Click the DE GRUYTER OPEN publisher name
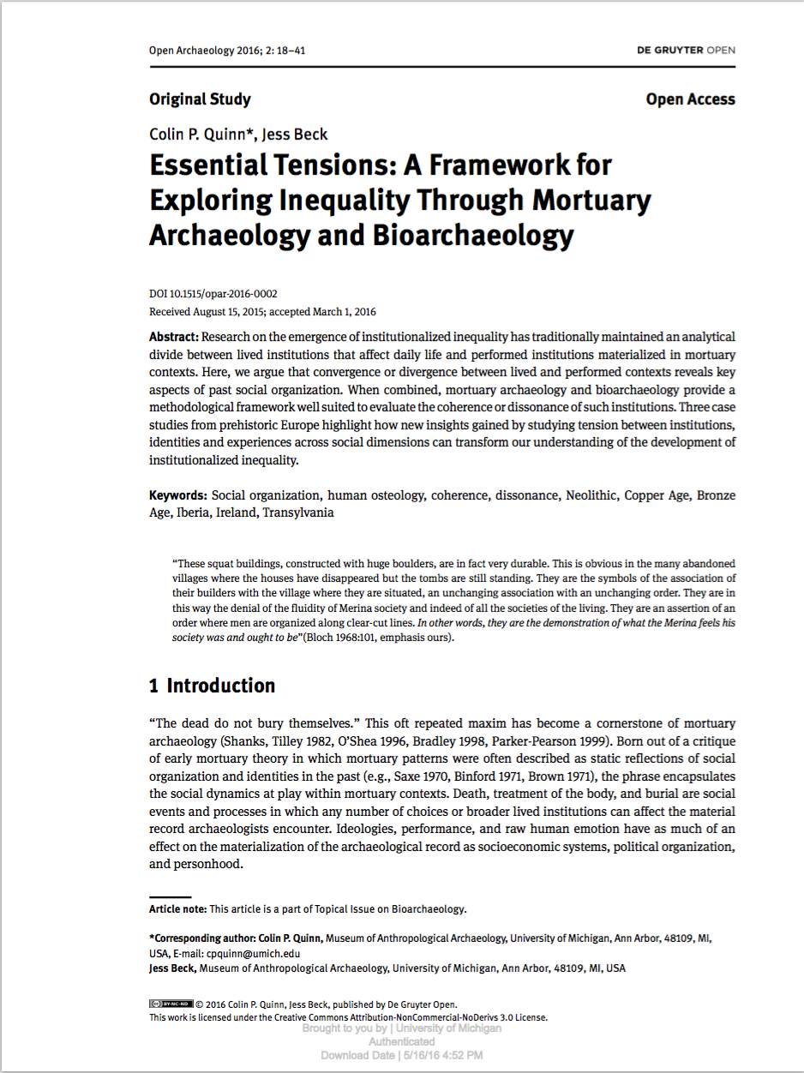coord(685,51)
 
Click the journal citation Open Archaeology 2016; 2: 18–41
coord(227,51)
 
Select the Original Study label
coord(200,99)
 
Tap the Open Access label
coord(690,99)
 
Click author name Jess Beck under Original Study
coord(295,134)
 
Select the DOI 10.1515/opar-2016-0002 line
coord(213,293)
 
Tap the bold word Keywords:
coord(177,495)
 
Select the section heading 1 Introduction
coord(212,686)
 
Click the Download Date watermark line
coord(401,1055)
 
